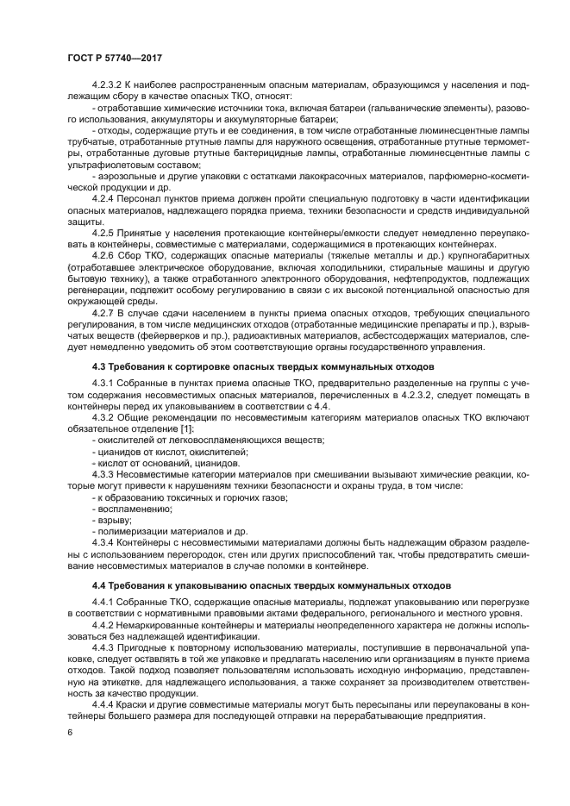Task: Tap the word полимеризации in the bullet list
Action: (131, 532)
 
